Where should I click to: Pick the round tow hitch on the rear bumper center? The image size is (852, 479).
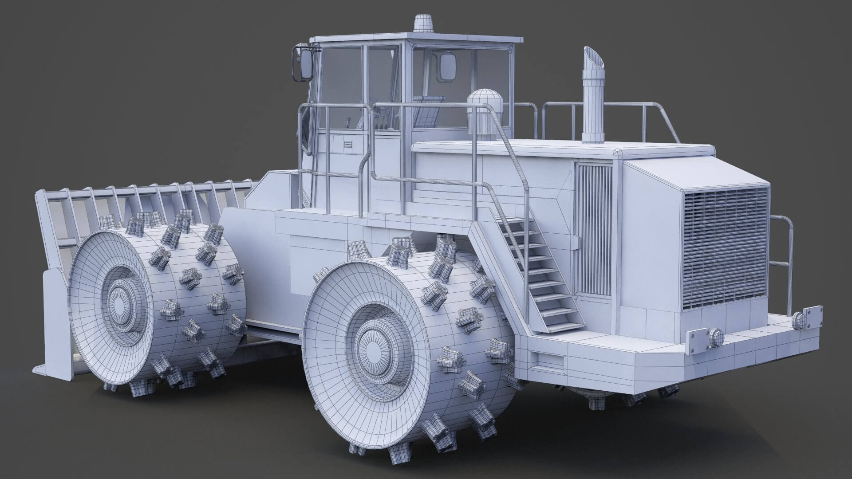coord(714,337)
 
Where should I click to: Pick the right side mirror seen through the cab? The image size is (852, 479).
coord(447,67)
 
